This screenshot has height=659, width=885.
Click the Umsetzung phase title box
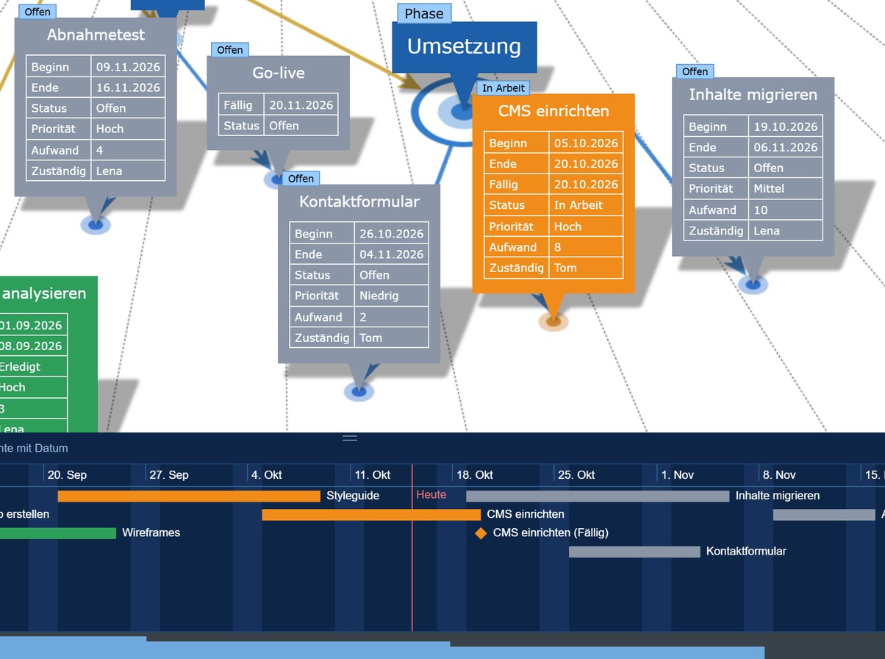click(465, 47)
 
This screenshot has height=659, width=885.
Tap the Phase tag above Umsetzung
click(424, 13)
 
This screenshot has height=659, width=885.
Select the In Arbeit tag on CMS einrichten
click(504, 88)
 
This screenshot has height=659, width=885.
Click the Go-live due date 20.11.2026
click(301, 105)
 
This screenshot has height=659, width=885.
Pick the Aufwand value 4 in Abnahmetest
click(99, 150)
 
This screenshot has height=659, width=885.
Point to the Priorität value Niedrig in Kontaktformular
click(379, 296)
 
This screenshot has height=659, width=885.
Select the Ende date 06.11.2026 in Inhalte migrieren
click(785, 147)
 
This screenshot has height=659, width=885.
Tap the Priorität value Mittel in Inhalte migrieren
click(768, 188)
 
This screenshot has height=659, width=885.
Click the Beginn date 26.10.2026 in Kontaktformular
click(391, 234)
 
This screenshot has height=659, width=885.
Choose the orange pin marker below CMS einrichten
click(553, 321)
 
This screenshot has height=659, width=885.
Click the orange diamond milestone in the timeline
click(481, 532)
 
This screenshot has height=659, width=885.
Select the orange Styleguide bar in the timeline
click(189, 496)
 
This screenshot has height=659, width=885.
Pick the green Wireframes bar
click(58, 533)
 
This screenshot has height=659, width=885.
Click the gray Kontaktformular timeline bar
click(634, 552)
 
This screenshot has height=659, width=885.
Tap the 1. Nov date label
click(678, 475)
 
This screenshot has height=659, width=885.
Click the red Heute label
click(431, 494)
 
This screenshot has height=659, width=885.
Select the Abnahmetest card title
click(96, 35)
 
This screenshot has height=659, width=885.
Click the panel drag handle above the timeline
click(350, 438)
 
